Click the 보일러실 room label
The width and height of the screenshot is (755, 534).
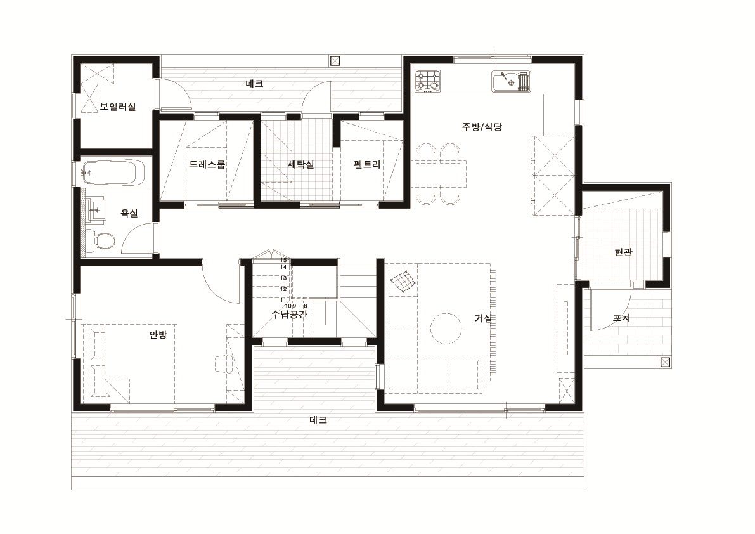[x=118, y=107]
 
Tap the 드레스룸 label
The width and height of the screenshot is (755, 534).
[x=207, y=164]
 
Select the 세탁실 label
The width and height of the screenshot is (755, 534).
[x=301, y=164]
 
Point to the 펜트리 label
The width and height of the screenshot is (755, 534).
[x=367, y=164]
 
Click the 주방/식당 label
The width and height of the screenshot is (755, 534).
[x=482, y=127]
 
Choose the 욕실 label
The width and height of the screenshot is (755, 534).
[x=129, y=213]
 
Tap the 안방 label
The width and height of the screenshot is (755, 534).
[x=158, y=334]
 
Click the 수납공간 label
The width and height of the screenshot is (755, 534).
[x=289, y=315]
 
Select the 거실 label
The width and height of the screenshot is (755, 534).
[x=483, y=318]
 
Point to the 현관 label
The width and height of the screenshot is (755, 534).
[x=624, y=252]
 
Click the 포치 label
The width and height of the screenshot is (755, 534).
[x=622, y=318]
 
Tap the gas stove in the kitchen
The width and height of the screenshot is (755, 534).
[x=428, y=81]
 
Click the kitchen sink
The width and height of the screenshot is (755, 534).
[x=511, y=81]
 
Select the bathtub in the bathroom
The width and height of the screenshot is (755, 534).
[x=113, y=172]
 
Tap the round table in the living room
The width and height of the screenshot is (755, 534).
[x=446, y=329]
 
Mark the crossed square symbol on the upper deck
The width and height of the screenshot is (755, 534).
[x=335, y=61]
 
